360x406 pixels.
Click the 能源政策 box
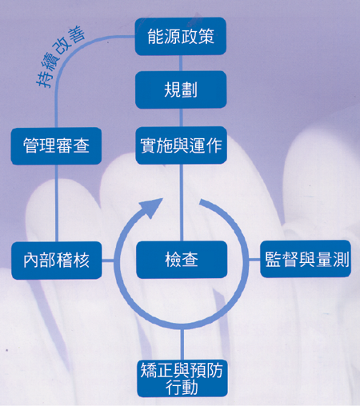[x=181, y=37]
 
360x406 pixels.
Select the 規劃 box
[x=181, y=90]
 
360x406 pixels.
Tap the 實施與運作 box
[x=181, y=145]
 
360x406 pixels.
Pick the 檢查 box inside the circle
[x=182, y=260]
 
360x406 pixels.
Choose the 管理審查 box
[x=56, y=146]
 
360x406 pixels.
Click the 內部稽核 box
[x=57, y=261]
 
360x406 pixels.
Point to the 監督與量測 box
[x=306, y=259]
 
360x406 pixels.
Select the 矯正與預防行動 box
[x=182, y=378]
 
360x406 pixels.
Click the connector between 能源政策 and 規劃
[x=181, y=63]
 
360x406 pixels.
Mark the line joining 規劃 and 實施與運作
[x=181, y=117]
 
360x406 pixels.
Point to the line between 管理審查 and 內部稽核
[x=57, y=203]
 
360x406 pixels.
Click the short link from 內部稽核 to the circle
[x=108, y=261]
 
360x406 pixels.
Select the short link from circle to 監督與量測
[x=254, y=259]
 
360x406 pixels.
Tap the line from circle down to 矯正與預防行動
[x=182, y=344]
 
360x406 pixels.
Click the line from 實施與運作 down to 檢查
[x=182, y=202]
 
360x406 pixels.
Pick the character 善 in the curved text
[x=77, y=34]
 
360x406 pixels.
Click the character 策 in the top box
[x=206, y=37]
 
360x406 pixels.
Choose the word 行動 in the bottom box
[x=182, y=387]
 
